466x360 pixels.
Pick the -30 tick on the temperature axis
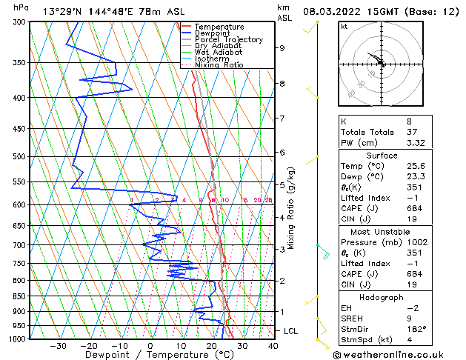click(x=58, y=346)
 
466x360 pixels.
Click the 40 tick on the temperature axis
click(x=273, y=346)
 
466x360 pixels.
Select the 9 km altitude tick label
click(x=282, y=48)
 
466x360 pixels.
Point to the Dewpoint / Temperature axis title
click(x=150, y=355)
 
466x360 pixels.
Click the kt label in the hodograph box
click(x=344, y=26)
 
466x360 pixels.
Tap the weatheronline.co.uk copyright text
click(x=394, y=354)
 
